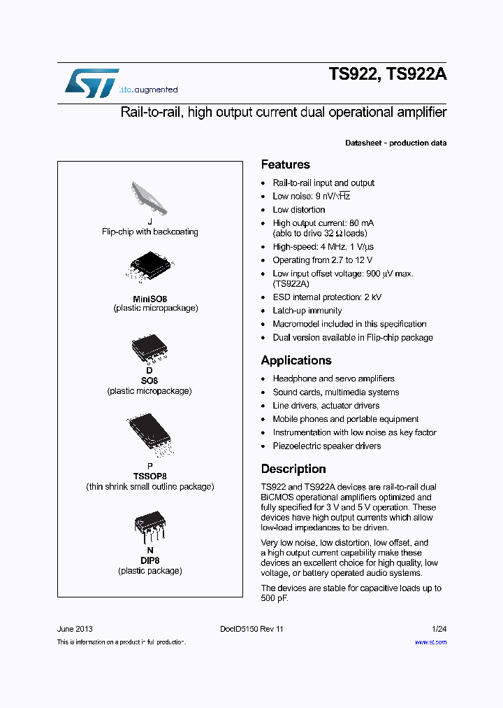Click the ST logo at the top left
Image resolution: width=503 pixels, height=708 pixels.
92,83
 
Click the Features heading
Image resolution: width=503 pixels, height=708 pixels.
285,164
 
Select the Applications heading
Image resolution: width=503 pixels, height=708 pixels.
296,360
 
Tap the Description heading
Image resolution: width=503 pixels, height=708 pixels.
293,469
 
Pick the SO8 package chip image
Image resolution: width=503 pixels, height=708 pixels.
149,348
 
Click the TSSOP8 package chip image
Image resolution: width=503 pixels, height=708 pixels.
149,437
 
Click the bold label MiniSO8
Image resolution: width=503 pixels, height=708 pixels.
150,299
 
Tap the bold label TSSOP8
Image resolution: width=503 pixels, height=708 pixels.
150,476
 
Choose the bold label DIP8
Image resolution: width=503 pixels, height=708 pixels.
150,560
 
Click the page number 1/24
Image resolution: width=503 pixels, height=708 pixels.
439,629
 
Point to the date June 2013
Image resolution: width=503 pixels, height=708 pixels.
75,629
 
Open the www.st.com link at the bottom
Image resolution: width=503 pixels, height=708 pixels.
430,642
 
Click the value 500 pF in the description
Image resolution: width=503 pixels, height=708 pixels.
274,599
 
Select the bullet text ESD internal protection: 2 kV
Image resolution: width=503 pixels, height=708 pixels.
327,297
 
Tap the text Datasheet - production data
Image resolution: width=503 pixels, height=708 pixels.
395,143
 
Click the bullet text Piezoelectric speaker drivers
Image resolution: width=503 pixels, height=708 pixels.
327,446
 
